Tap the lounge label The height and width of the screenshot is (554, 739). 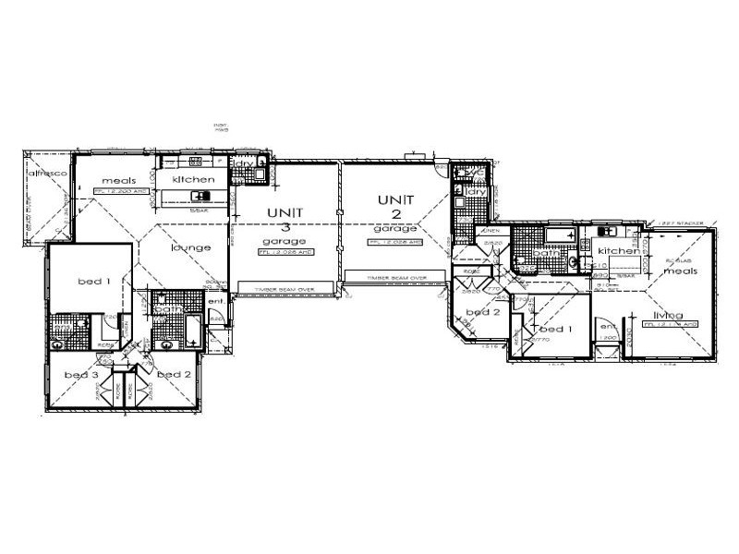click(x=188, y=247)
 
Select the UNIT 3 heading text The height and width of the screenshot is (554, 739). click(x=285, y=221)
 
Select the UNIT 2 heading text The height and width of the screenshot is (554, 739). click(x=395, y=207)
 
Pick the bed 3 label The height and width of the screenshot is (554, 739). click(x=81, y=375)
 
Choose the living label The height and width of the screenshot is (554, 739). click(x=669, y=315)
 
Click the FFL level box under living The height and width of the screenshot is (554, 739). click(x=670, y=325)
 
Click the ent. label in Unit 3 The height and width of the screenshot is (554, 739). click(x=216, y=301)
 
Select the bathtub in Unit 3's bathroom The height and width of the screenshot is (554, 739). click(x=190, y=331)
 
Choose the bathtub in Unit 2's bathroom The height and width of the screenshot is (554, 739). click(x=560, y=236)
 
